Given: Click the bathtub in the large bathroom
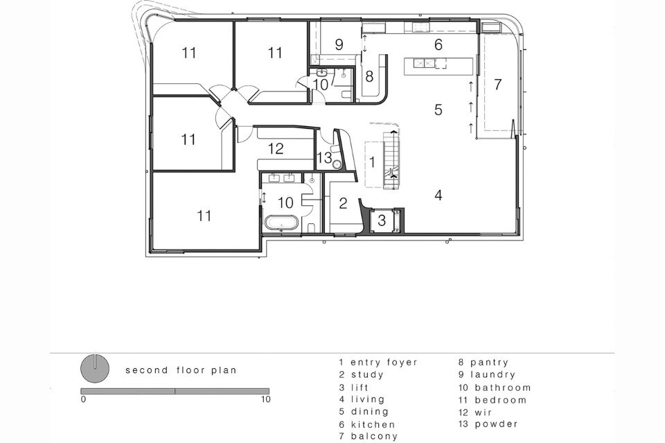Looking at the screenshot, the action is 281,223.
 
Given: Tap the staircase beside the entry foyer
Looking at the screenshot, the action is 391,160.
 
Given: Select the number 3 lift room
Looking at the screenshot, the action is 382,220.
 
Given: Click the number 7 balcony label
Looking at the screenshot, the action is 497,85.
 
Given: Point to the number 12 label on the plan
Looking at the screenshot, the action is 276,148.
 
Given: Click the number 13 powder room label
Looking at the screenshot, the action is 324,158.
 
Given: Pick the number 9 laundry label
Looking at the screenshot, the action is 339,44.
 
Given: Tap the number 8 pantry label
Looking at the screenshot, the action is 369,76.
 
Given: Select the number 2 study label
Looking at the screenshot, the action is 343,203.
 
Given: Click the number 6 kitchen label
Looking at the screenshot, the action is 438,44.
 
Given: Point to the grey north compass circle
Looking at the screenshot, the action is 95,368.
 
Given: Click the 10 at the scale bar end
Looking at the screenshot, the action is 265,399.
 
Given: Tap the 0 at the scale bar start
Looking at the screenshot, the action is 83,399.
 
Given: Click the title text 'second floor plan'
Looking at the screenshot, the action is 181,370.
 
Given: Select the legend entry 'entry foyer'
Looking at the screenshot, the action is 384,363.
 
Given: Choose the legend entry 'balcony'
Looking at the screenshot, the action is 374,436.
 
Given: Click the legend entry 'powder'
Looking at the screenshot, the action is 496,424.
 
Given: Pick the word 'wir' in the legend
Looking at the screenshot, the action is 483,412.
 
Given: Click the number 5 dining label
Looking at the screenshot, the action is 438,110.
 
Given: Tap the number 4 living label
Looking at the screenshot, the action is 438,196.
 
